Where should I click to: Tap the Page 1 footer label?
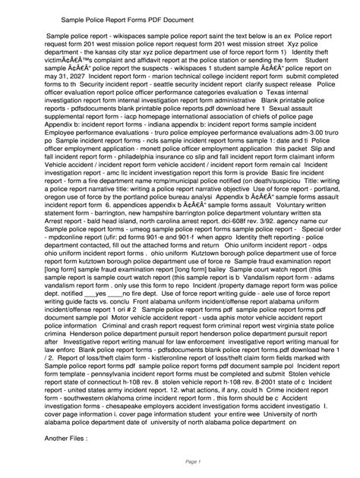(x=179, y=462)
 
